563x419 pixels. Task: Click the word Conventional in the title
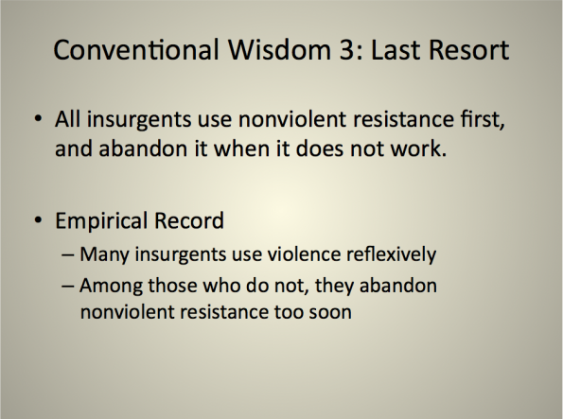tap(136, 49)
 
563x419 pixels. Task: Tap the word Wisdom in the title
tap(279, 49)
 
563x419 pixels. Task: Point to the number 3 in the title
tap(346, 49)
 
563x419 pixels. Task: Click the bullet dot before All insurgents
tap(38, 118)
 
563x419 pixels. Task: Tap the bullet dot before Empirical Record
tap(38, 219)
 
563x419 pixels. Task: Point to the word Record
tap(189, 220)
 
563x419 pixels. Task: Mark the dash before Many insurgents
tap(68, 255)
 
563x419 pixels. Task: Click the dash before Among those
tap(68, 286)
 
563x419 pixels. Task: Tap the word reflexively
tap(392, 255)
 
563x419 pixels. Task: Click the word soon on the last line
tap(330, 312)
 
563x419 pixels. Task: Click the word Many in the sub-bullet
tap(104, 255)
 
